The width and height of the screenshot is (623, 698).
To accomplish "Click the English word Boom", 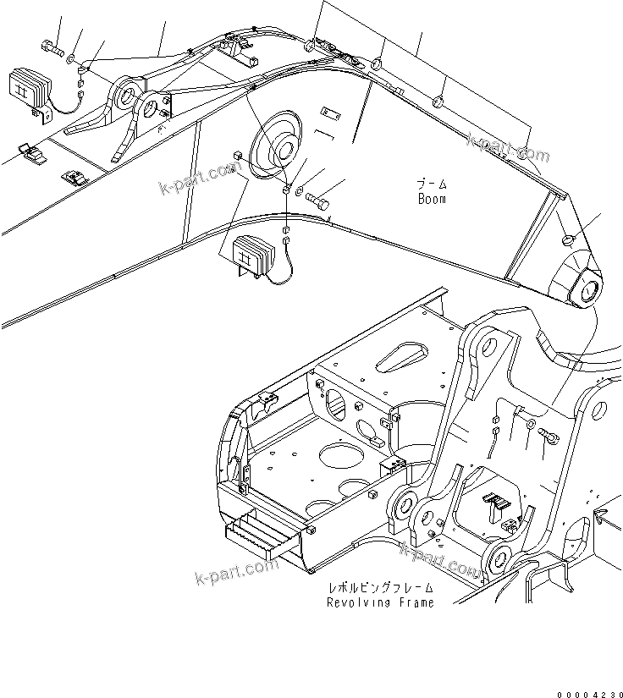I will (431, 200).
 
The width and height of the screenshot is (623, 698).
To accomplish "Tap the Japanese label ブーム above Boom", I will (431, 184).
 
